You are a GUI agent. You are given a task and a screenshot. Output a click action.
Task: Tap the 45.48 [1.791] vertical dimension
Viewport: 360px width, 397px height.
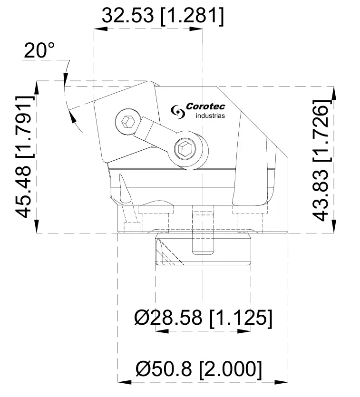(x=25, y=157)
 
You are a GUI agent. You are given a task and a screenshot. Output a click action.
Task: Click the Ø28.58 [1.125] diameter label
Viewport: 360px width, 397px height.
(x=203, y=318)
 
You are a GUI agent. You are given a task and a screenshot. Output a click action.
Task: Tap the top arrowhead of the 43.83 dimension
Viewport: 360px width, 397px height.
(x=335, y=92)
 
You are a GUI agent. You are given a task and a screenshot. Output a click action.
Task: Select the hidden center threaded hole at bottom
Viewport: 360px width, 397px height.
(x=203, y=231)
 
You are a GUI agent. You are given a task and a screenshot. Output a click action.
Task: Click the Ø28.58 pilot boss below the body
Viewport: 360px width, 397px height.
(x=203, y=250)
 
